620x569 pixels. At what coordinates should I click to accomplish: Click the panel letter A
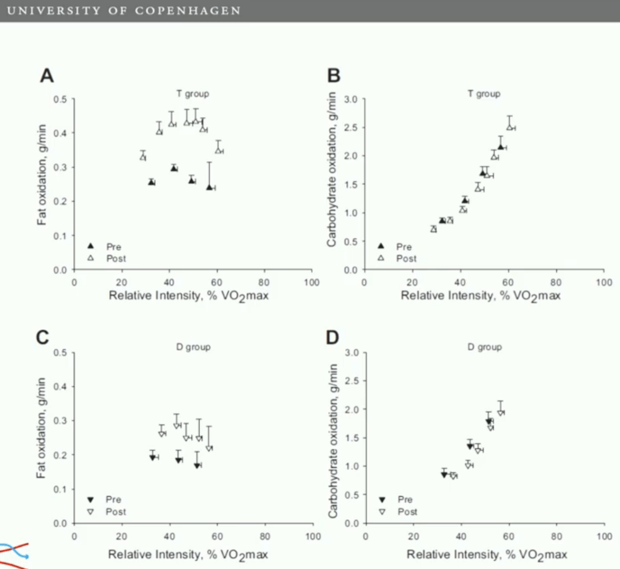click(x=47, y=76)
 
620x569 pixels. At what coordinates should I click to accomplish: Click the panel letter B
click(x=334, y=76)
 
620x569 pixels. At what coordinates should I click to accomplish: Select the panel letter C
click(x=42, y=338)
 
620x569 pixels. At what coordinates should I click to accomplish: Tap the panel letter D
click(x=333, y=338)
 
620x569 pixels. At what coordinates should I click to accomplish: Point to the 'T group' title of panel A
click(x=193, y=94)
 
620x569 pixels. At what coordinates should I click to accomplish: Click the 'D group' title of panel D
click(x=484, y=347)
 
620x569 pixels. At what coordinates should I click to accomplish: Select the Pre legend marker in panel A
click(x=91, y=247)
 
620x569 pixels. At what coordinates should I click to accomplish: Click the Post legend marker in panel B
click(x=381, y=258)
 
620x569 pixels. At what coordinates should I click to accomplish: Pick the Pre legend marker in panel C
click(x=91, y=500)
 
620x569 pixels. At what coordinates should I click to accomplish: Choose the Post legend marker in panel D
click(x=382, y=512)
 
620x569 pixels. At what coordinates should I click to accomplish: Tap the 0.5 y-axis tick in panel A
click(x=61, y=99)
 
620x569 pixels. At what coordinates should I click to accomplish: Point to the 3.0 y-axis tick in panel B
click(x=352, y=99)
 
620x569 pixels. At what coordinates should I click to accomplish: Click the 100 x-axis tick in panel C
click(x=313, y=536)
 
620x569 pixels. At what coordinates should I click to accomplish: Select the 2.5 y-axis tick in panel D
click(x=352, y=381)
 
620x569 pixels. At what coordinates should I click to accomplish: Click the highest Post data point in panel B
click(x=510, y=127)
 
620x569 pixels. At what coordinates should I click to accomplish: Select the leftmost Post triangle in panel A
click(x=143, y=156)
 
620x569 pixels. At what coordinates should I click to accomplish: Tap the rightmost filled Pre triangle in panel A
click(x=209, y=187)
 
